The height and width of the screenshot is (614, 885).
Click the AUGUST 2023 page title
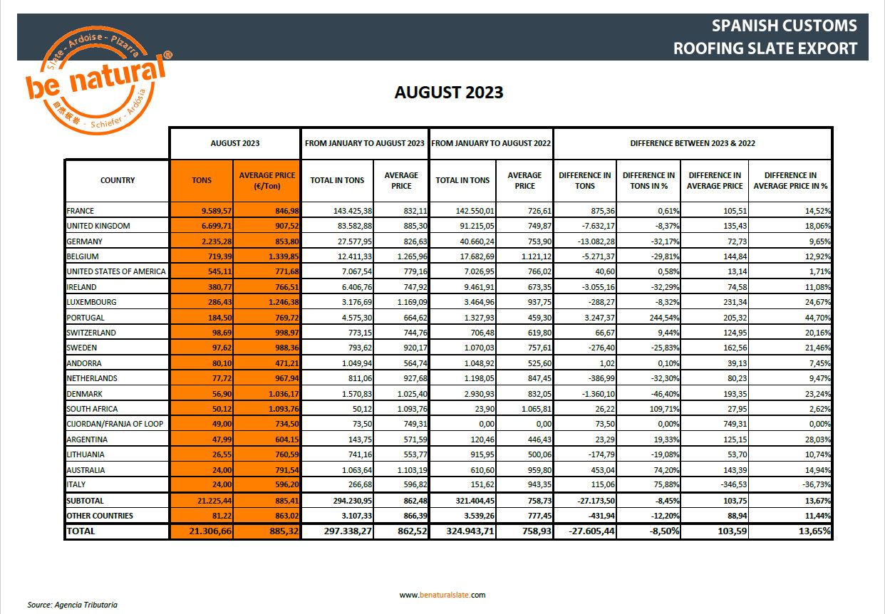[449, 92]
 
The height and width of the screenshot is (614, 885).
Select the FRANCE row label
[81, 211]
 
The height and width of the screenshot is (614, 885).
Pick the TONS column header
[202, 180]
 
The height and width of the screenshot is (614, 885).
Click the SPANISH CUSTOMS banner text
[785, 26]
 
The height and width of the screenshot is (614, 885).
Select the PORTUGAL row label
[86, 318]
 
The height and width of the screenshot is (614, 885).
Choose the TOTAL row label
[81, 531]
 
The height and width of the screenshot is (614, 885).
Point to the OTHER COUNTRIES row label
[100, 516]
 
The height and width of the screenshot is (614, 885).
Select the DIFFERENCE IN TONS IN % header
[648, 180]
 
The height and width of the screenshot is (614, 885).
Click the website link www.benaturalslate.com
[442, 595]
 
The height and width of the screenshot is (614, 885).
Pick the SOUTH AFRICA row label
[92, 409]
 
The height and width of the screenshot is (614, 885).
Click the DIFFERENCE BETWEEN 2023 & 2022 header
[693, 143]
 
